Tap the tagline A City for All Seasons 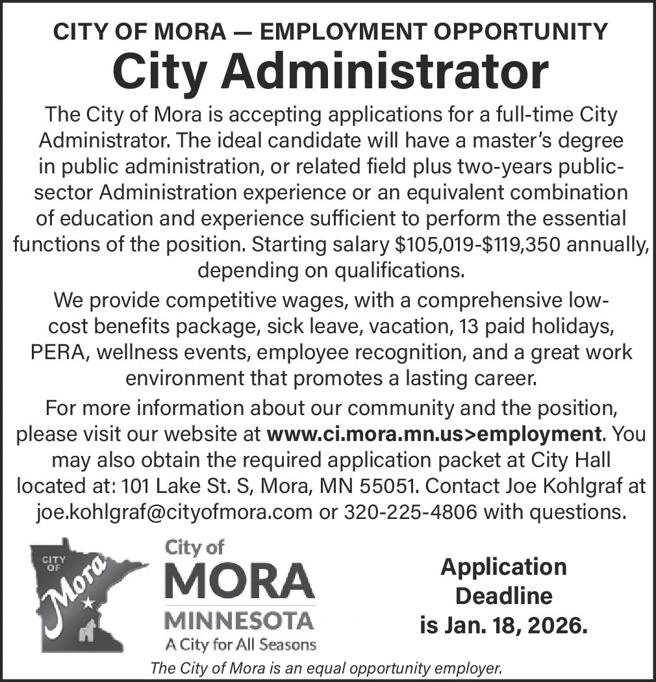pos(240,645)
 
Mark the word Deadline pos(504,596)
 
